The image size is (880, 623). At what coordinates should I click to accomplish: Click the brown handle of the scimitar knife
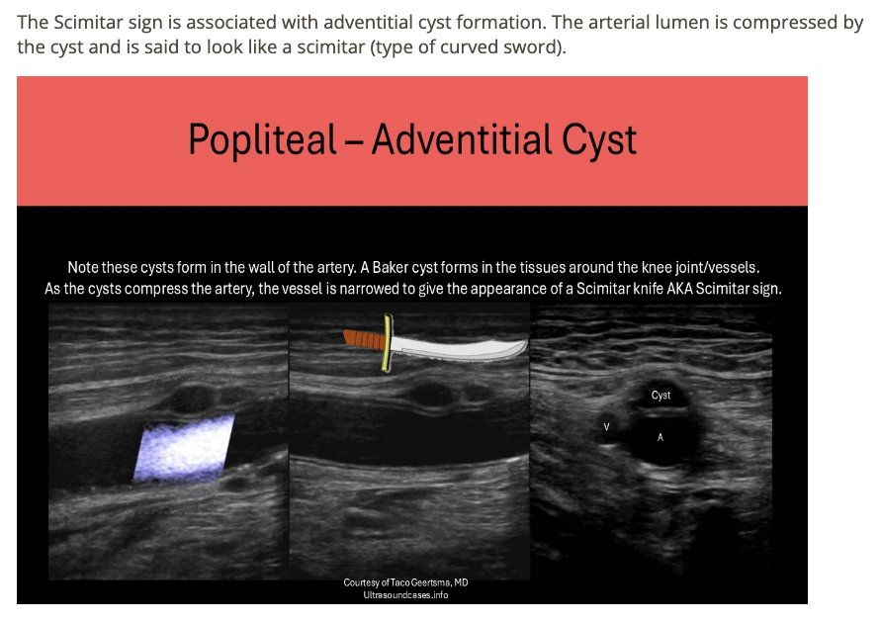point(362,340)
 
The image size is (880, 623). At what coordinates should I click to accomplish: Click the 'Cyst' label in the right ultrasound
point(660,396)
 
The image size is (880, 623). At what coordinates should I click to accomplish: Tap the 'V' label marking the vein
point(607,427)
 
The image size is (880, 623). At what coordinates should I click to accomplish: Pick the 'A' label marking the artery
point(660,436)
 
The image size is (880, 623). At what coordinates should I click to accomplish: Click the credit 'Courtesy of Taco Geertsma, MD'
point(405,582)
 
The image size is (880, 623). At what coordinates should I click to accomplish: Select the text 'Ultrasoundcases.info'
point(405,595)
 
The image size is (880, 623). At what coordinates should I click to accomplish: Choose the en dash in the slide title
point(355,140)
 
